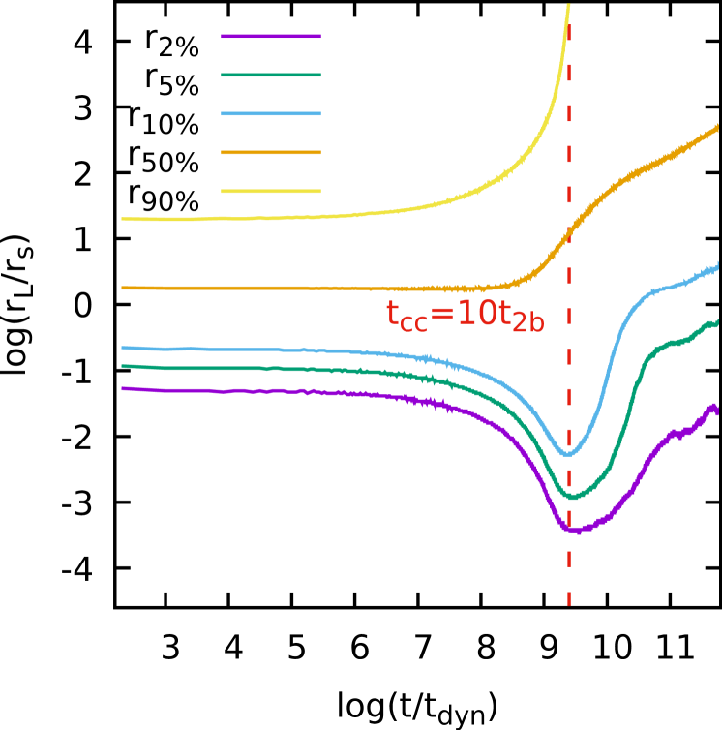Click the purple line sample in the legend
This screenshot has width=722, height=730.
[270, 37]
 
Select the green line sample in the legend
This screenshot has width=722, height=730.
[270, 75]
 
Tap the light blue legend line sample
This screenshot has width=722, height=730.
[270, 113]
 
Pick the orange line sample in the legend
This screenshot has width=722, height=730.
[270, 152]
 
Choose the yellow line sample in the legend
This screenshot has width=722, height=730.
[270, 191]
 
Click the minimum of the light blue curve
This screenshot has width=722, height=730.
[567, 454]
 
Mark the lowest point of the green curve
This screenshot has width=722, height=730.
[572, 498]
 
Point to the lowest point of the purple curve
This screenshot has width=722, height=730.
[574, 531]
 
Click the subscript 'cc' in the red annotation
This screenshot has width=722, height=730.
[413, 324]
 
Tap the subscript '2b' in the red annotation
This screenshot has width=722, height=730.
[527, 324]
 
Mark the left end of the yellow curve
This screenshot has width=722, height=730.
[122, 219]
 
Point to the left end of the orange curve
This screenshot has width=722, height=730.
[122, 288]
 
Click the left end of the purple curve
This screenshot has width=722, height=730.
[122, 388]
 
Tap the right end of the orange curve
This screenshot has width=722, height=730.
[717, 127]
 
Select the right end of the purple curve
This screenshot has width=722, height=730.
[717, 409]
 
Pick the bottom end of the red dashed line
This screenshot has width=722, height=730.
[569, 605]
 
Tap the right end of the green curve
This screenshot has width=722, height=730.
[717, 321]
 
